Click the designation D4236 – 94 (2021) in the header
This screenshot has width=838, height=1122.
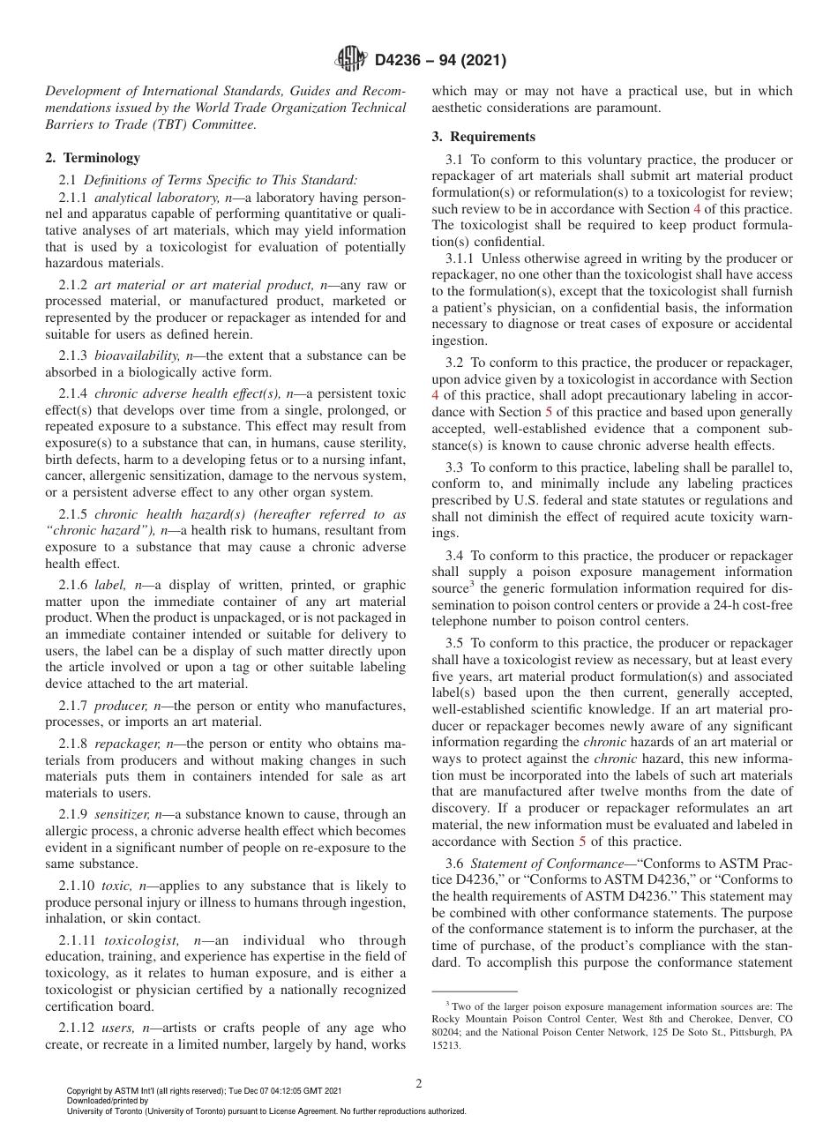[440, 61]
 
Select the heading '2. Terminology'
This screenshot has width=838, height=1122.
[93, 158]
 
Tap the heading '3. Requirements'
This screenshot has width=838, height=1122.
[483, 137]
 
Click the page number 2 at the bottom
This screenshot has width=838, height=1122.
[419, 1084]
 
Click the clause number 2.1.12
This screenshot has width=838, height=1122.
[77, 1028]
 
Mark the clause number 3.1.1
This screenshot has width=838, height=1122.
[461, 258]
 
